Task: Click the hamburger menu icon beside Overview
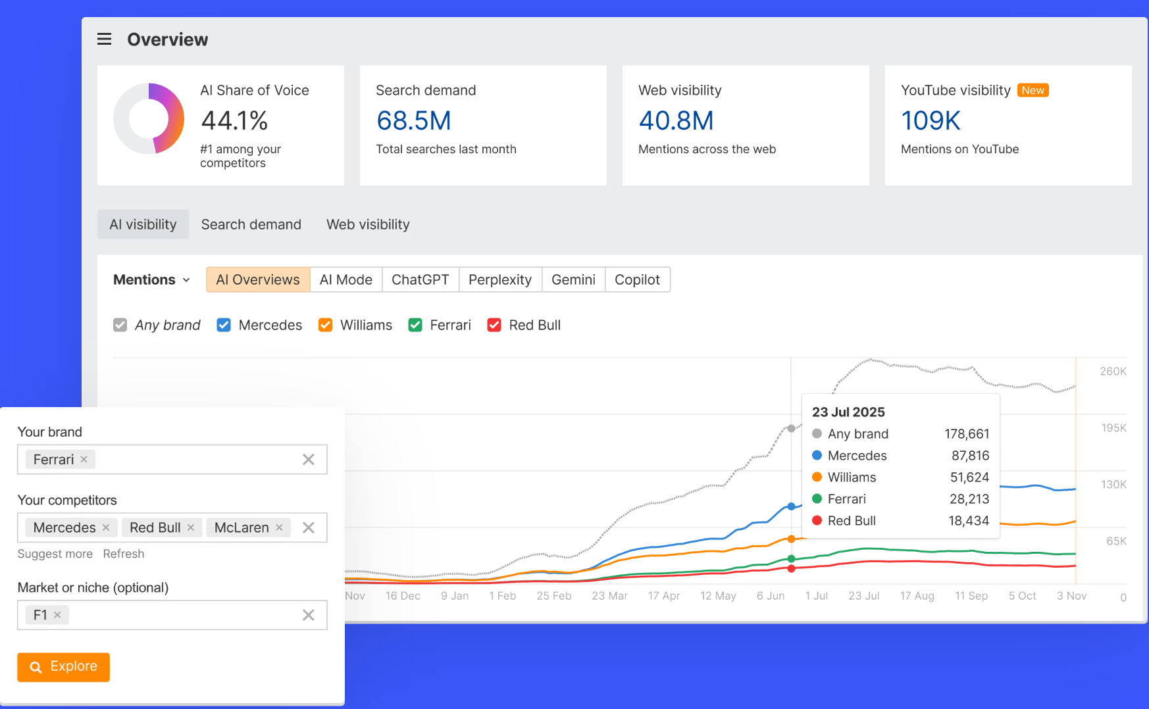pos(104,39)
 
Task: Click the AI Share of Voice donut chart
pos(149,119)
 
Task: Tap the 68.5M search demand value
pos(413,121)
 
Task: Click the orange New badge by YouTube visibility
pos(1033,90)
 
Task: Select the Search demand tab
pos(251,224)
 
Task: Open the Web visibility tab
pos(368,224)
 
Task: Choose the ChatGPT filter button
pos(420,280)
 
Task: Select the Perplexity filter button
pos(499,280)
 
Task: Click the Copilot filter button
pos(636,280)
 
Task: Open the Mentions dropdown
pos(151,280)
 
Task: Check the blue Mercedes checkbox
pos(224,325)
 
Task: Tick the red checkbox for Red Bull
pos(494,325)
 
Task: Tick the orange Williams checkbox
pos(325,325)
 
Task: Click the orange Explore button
pos(63,667)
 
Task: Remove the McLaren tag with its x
pos(279,527)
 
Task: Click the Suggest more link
pos(55,554)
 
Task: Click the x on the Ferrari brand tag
pos(84,459)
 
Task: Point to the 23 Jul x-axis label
pos(863,596)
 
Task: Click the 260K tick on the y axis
pos(1113,372)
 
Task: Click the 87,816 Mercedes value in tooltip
pos(970,456)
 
